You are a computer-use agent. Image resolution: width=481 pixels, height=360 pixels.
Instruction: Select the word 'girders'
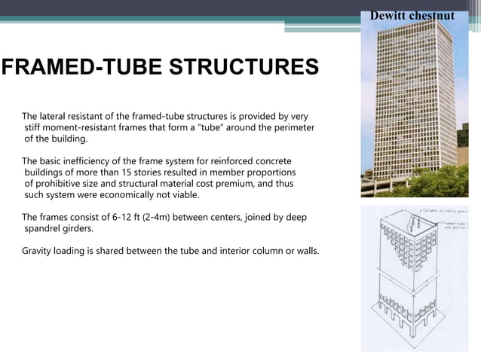pyautogui.click(x=81, y=229)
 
